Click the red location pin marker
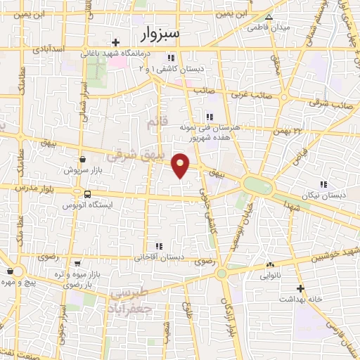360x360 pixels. click(x=181, y=165)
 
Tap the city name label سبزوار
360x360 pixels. click(x=160, y=33)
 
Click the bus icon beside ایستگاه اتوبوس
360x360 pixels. click(x=86, y=194)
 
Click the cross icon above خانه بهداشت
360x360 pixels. click(x=300, y=288)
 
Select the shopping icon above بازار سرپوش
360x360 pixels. click(x=83, y=160)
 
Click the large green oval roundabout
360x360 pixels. click(x=257, y=186)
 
